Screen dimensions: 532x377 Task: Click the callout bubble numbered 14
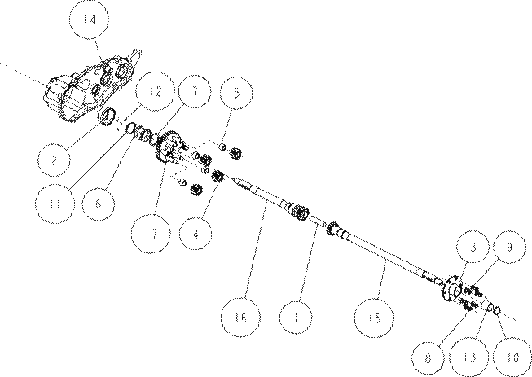pyautogui.click(x=90, y=19)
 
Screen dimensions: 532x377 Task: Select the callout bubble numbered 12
pyautogui.click(x=155, y=91)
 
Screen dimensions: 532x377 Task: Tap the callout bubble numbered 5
pyautogui.click(x=236, y=92)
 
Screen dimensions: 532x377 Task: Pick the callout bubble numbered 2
pyautogui.click(x=54, y=160)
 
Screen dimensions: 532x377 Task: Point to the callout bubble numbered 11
pyautogui.click(x=55, y=204)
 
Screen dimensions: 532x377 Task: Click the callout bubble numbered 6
pyautogui.click(x=99, y=204)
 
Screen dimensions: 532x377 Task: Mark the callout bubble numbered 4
pyautogui.click(x=196, y=234)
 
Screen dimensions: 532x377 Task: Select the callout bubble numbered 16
pyautogui.click(x=240, y=317)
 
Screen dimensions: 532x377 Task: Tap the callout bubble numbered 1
pyautogui.click(x=296, y=317)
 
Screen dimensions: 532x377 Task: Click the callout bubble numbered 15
pyautogui.click(x=374, y=318)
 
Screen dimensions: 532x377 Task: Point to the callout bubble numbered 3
pyautogui.click(x=473, y=247)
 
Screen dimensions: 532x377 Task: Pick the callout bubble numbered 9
pyautogui.click(x=509, y=247)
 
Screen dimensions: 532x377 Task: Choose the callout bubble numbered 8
pyautogui.click(x=429, y=357)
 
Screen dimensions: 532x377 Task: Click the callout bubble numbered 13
pyautogui.click(x=469, y=357)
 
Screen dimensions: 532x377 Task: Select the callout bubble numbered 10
pyautogui.click(x=512, y=357)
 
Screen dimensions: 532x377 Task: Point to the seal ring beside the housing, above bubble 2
pyautogui.click(x=108, y=116)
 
